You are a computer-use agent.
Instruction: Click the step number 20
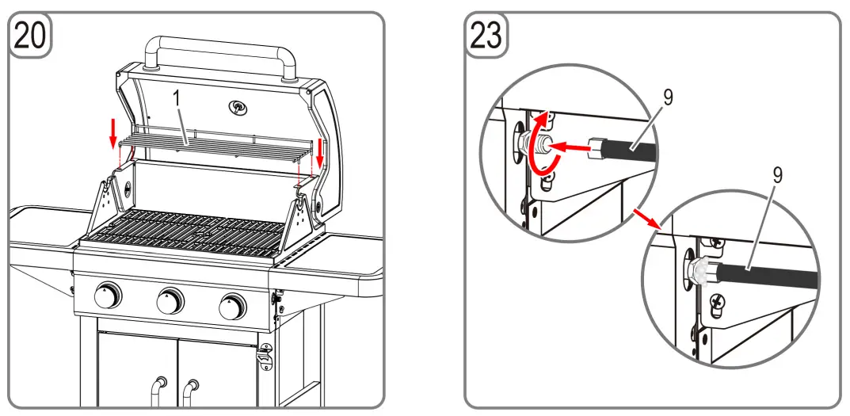point(30,36)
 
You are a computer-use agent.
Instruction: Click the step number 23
point(486,36)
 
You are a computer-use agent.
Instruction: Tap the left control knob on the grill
point(107,297)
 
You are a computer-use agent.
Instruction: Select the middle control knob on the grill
point(170,300)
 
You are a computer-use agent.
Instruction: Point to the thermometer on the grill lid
point(237,107)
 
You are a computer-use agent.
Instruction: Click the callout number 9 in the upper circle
point(668,99)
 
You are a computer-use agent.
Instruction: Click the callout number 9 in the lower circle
point(777,176)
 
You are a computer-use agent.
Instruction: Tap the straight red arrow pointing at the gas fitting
point(571,146)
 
